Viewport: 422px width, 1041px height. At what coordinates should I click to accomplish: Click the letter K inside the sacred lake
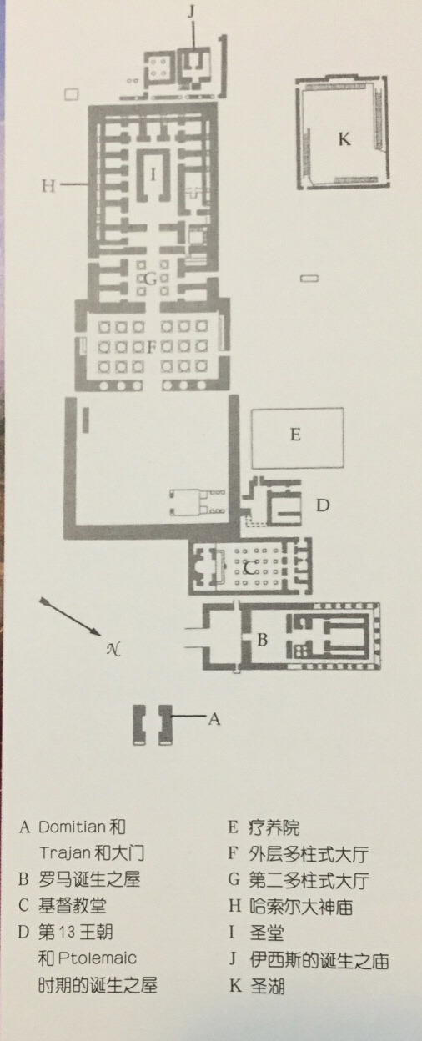tap(344, 139)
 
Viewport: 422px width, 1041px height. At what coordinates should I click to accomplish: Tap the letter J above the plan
tap(192, 12)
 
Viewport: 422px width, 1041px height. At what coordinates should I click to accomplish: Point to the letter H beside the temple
tap(49, 186)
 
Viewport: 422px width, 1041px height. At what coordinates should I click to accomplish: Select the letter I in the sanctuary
tap(153, 174)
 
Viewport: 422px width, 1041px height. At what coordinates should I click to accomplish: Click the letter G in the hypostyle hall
tap(151, 279)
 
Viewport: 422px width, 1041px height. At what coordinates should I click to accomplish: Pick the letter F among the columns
tap(151, 347)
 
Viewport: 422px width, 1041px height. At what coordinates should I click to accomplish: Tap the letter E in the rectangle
tap(295, 435)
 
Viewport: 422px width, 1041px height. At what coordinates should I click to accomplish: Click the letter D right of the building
tap(323, 505)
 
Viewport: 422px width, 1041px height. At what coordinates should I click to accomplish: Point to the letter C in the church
tap(249, 567)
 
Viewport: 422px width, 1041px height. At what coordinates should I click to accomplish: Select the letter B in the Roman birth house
tap(262, 640)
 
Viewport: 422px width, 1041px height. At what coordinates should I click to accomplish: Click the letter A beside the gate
tap(214, 719)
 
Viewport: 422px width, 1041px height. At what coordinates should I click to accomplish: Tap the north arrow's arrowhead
tap(95, 631)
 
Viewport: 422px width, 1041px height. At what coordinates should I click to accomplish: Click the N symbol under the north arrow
tap(113, 649)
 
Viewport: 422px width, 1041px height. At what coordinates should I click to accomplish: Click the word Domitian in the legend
tap(72, 827)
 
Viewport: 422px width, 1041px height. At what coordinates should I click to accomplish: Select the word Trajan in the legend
tap(64, 853)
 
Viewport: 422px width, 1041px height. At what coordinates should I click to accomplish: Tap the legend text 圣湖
tap(267, 986)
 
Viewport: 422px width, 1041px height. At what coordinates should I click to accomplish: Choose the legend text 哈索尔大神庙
tap(301, 906)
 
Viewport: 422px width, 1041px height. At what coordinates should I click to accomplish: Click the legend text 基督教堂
tap(73, 905)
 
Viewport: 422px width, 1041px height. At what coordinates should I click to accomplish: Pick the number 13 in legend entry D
tap(67, 932)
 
